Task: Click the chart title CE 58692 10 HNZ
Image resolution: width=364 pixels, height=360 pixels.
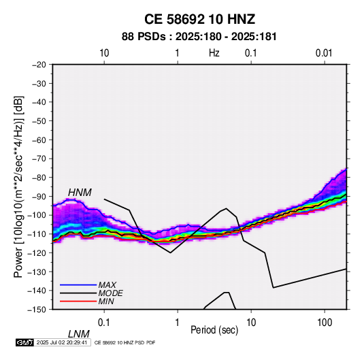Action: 199,19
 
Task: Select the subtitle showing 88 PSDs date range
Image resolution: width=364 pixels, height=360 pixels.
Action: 199,37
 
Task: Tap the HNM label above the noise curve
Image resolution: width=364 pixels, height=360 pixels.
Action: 80,193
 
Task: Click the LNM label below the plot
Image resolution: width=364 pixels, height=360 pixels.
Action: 78,334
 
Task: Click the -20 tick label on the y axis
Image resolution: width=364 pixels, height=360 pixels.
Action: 39,65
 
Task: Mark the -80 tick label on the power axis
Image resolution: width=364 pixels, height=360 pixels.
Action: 39,178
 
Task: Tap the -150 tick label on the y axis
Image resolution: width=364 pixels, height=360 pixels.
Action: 37,310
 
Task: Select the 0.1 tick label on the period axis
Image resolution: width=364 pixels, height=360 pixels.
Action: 104,322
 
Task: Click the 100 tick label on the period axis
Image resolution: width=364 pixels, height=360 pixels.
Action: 325,322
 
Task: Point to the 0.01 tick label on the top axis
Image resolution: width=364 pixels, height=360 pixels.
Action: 324,53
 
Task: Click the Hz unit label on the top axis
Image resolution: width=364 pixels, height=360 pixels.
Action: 214,53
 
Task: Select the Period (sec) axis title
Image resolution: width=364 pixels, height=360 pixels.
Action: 214,330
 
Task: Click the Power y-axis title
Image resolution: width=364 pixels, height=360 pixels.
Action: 18,187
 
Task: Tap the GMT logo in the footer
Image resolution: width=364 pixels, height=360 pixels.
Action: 24,342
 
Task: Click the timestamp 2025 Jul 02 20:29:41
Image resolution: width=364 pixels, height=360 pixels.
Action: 62,342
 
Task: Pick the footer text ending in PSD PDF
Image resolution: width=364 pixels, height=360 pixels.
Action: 125,343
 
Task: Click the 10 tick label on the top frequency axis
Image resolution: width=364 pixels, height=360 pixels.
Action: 104,53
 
